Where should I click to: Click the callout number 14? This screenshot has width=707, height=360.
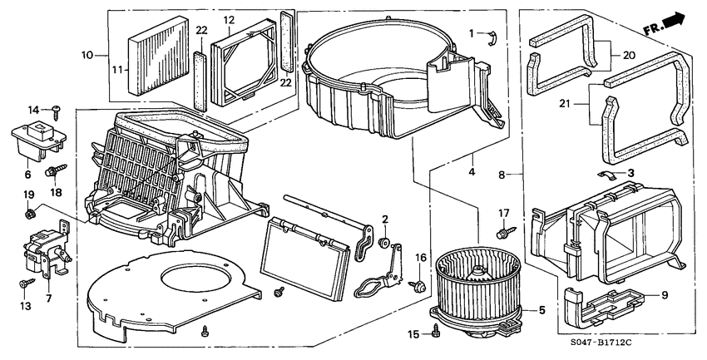click(34, 109)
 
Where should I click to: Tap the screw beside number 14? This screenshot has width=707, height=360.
click(56, 109)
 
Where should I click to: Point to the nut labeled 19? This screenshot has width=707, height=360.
click(30, 215)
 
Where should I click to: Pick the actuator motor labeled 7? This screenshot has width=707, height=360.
click(40, 249)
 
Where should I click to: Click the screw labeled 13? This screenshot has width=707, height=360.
click(27, 284)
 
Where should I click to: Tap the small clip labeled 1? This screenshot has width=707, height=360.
click(491, 35)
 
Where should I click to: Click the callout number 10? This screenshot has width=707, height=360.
click(87, 55)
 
